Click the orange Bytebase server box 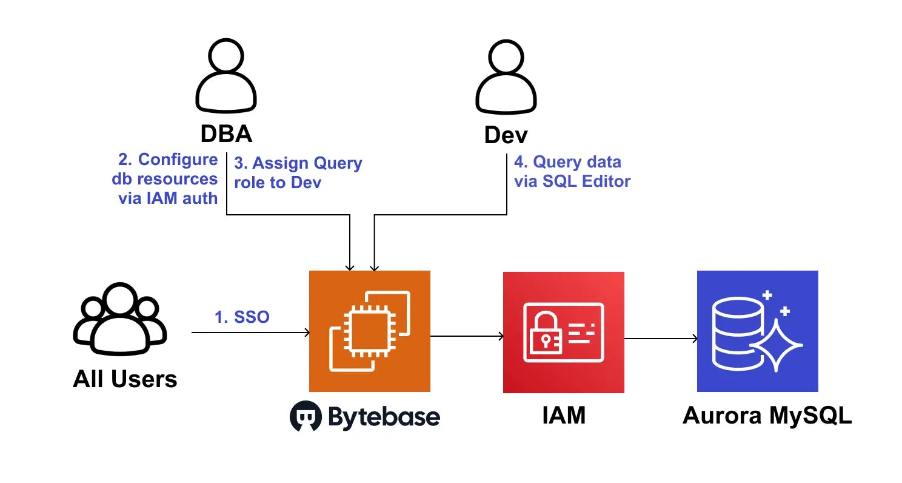tap(370, 331)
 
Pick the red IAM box tap(564, 332)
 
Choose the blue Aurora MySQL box tap(758, 331)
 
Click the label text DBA tap(226, 134)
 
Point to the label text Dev tap(506, 135)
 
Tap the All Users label tap(125, 379)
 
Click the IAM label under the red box tap(564, 416)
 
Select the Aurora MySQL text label tap(767, 416)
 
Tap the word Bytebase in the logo tap(384, 417)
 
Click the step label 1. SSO tap(242, 317)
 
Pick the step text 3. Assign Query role tap(298, 172)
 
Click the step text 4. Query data tap(572, 171)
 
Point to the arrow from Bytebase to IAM tap(467, 336)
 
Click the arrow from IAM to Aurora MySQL tap(661, 338)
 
